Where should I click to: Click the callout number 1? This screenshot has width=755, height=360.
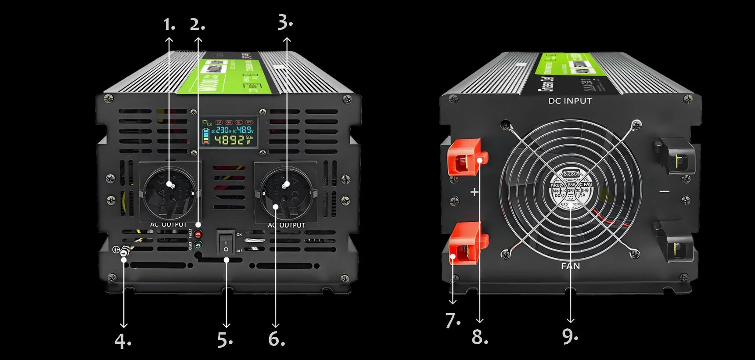point(169,24)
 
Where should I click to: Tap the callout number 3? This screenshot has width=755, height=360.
point(284,22)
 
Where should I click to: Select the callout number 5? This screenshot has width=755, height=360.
point(225,340)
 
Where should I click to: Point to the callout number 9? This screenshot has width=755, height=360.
point(570,336)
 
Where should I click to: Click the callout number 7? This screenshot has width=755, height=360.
point(452,321)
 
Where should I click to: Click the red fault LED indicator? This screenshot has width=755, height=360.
point(198,234)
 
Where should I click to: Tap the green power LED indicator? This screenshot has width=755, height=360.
point(198,245)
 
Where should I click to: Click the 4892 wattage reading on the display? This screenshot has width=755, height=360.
point(229,140)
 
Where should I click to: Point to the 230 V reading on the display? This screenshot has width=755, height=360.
point(223,130)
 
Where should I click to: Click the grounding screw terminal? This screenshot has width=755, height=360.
point(124,252)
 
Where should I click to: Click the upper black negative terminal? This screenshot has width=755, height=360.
point(674,157)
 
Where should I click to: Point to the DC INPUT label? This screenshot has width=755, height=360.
point(570,101)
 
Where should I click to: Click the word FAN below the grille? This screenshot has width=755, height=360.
point(570,266)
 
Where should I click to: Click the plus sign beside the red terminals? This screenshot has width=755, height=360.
point(475,192)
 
